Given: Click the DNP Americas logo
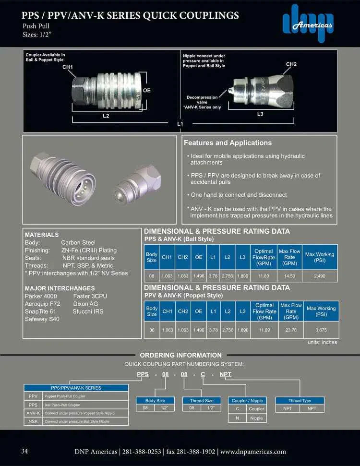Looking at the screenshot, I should tap(308, 24).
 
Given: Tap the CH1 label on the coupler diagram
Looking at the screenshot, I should tap(68, 67).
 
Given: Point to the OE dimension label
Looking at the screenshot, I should tap(147, 90).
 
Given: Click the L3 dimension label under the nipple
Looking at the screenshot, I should tap(260, 114).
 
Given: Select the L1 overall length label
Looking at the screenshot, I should tap(180, 124).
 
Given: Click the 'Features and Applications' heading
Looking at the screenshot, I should tap(228, 143).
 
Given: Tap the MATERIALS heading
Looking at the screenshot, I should tap(42, 235).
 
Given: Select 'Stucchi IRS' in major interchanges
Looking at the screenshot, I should tap(88, 311).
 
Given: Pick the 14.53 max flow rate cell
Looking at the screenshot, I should tap(289, 276).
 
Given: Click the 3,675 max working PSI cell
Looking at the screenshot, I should tap(321, 330).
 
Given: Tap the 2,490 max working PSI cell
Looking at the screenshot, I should tap(319, 276).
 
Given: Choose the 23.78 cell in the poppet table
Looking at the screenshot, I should tap(291, 330).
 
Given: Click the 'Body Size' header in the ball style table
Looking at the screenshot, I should tap(152, 257).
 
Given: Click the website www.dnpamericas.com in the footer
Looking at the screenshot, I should tap(253, 452).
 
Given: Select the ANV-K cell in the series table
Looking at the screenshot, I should tap(33, 413).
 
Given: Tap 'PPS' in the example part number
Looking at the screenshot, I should tap(143, 374).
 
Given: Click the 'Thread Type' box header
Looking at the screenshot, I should tap(300, 400).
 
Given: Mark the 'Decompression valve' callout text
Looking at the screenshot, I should tap(202, 100).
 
